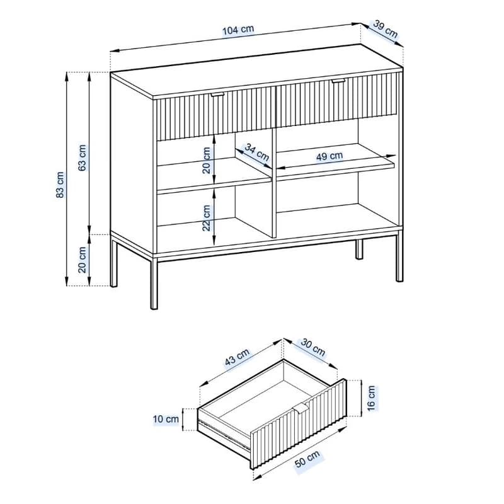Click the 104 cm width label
pos(238,30)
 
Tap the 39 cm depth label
pos(386,29)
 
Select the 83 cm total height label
pos(60,185)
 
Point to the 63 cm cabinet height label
pos(83,157)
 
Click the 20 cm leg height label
pos(83,260)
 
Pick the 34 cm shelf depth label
pos(256,152)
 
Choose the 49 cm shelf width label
pos(329,156)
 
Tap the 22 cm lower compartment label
pos(207,218)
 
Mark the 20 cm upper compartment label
pos(207,161)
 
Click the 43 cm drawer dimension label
pos(237,357)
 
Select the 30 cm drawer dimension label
pos(312,348)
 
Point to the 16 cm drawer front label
pos(371,398)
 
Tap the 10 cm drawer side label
pos(166,419)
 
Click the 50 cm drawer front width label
pos(307,459)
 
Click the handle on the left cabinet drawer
pos(217,94)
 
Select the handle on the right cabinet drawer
pos(338,81)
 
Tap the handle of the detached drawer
pos(301,408)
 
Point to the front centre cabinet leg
pos(154,282)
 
